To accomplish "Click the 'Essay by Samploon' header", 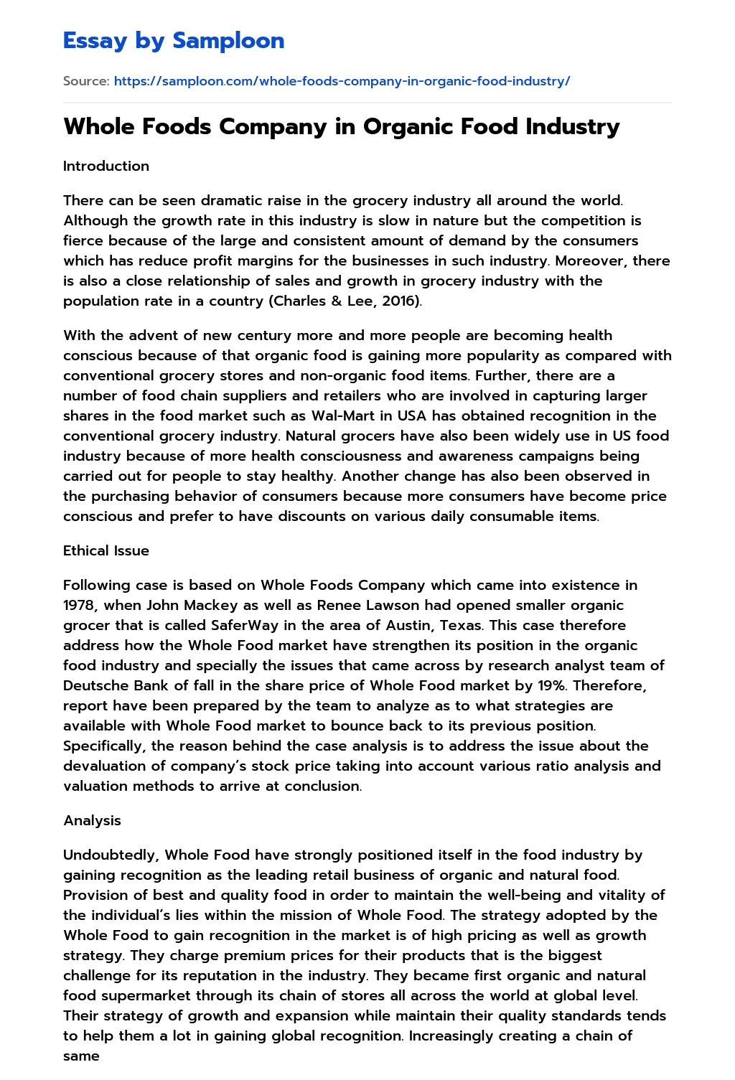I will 174,41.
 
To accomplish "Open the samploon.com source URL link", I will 342,81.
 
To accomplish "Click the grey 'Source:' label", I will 86,81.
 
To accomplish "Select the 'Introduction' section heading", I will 106,166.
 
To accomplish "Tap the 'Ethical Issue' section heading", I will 106,550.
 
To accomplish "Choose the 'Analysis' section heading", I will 92,820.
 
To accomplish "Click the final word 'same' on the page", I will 81,1056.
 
